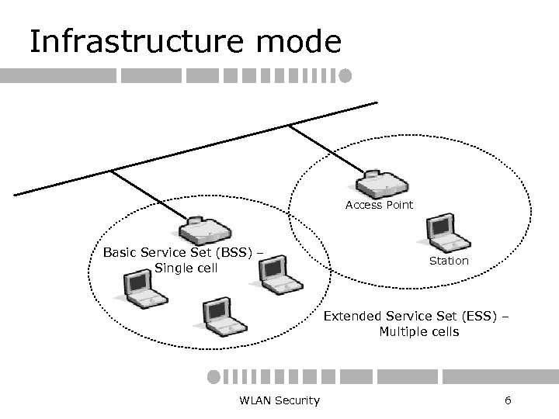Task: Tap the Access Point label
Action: click(x=379, y=205)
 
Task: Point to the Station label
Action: click(x=449, y=261)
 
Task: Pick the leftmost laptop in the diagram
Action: click(x=144, y=289)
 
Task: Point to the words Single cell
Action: click(x=186, y=268)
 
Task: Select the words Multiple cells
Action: click(x=418, y=331)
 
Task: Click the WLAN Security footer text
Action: click(x=279, y=400)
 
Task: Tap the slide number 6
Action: click(x=508, y=400)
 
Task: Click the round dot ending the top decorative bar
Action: click(x=345, y=76)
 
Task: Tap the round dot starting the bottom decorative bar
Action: click(x=214, y=376)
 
